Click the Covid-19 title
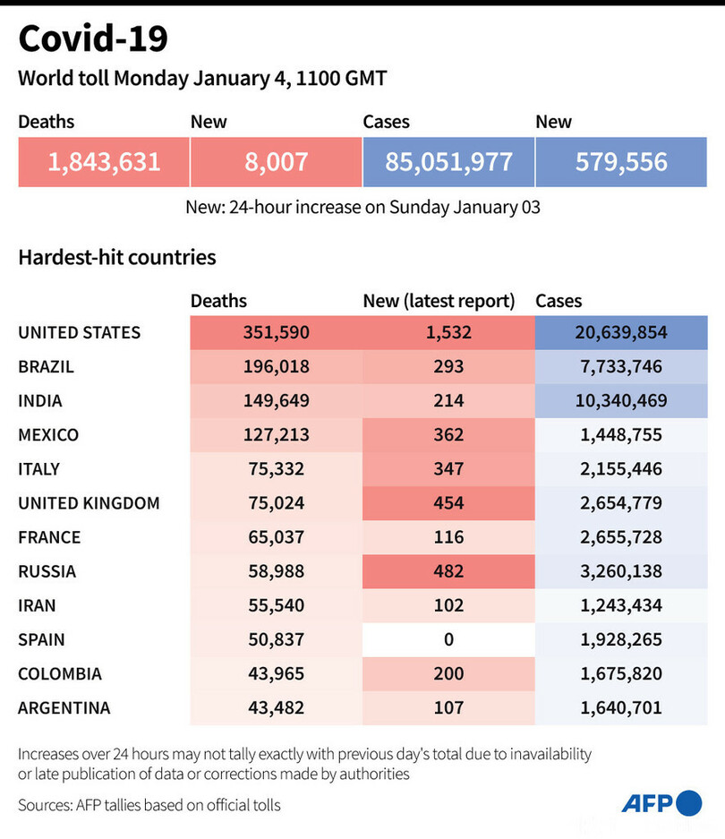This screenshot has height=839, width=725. click(x=93, y=39)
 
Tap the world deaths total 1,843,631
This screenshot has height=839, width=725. click(x=104, y=162)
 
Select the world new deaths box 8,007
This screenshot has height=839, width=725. click(x=276, y=162)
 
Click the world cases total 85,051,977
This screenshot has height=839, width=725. click(x=448, y=162)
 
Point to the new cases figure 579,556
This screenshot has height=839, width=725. click(x=621, y=162)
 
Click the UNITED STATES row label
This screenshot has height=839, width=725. click(x=80, y=332)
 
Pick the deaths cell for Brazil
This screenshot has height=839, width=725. click(x=276, y=366)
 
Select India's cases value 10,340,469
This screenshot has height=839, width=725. click(x=621, y=400)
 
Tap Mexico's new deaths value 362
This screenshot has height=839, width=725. click(x=448, y=435)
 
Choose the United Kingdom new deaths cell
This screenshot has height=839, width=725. click(x=448, y=503)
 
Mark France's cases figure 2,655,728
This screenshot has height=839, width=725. click(x=621, y=537)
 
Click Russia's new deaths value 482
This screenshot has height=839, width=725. click(x=448, y=571)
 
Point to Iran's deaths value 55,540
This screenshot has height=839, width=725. click(x=276, y=605)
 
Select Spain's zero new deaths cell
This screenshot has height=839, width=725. click(x=448, y=639)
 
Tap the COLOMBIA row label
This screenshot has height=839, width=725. click(x=60, y=673)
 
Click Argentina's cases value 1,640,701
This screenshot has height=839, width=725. click(x=621, y=707)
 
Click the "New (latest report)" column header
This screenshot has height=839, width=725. click(x=439, y=302)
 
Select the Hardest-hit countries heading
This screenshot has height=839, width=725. click(x=117, y=258)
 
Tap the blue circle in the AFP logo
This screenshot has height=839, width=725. click(x=689, y=803)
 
